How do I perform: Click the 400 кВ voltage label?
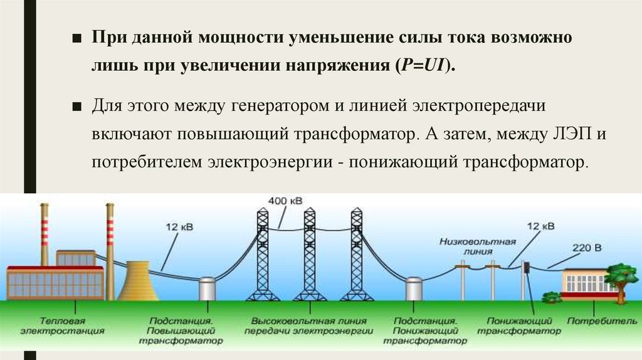click(x=285, y=201)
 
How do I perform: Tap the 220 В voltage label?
click(x=586, y=248)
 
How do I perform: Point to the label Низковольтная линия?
click(x=478, y=245)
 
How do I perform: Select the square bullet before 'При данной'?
click(x=76, y=38)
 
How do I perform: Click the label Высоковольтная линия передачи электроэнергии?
click(x=309, y=325)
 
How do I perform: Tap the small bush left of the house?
click(x=551, y=296)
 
